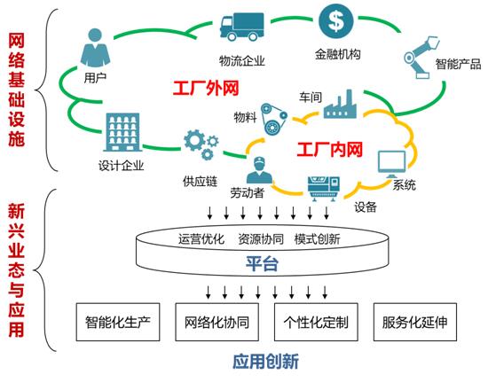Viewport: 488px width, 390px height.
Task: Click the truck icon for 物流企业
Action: tap(243, 28)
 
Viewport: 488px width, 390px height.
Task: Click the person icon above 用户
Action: tap(95, 47)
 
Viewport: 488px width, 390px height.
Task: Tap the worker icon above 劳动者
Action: tap(257, 169)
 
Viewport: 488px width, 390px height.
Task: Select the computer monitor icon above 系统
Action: tap(392, 163)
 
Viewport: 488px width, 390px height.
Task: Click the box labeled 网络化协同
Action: tap(217, 324)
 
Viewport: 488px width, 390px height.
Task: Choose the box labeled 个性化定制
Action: tap(316, 324)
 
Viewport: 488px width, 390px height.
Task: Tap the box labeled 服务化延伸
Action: tap(415, 324)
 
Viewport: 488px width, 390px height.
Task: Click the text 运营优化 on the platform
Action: tap(201, 238)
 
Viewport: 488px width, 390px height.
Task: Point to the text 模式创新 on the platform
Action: tap(317, 238)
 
